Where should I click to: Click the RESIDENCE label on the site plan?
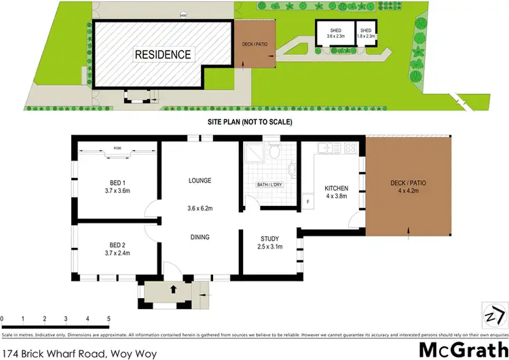pyautogui.click(x=162, y=54)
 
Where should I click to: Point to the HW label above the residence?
pyautogui.click(x=183, y=16)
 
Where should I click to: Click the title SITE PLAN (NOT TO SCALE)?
pyautogui.click(x=250, y=122)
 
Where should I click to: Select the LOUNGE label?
pyautogui.click(x=200, y=181)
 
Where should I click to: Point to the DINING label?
pyautogui.click(x=200, y=237)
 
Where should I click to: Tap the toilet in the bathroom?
pyautogui.click(x=272, y=149)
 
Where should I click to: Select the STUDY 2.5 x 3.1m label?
pyautogui.click(x=269, y=243)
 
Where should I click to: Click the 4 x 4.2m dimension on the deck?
pyautogui.click(x=408, y=192)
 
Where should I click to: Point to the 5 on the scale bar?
pyautogui.click(x=109, y=319)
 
